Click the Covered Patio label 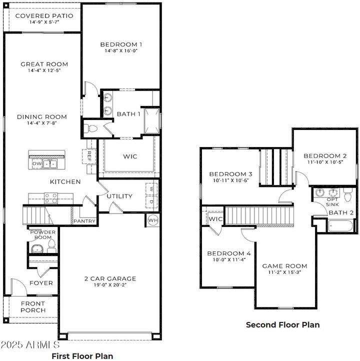point(44,15)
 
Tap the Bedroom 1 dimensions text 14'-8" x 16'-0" point(120,50)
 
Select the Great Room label point(44,64)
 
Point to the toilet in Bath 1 point(90,128)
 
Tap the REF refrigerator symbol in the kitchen point(90,155)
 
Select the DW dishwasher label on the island point(36,163)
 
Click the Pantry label point(84,220)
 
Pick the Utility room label point(119,196)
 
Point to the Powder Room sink point(37,248)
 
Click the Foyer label point(41,283)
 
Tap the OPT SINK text point(332,201)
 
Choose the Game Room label point(284,265)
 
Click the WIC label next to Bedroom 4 point(215,219)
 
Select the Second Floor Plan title point(282,324)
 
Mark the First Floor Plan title point(82,356)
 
